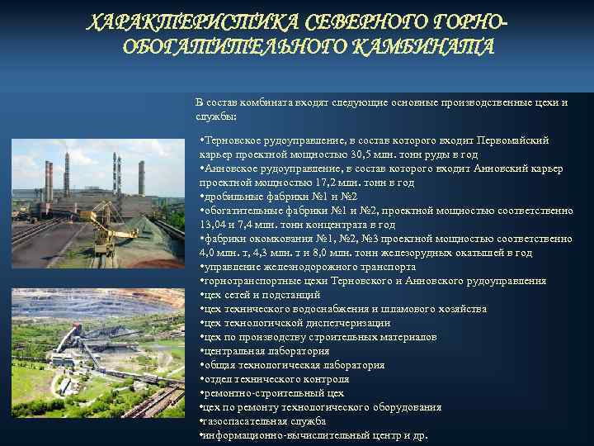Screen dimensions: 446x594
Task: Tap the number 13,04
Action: click(214, 225)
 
